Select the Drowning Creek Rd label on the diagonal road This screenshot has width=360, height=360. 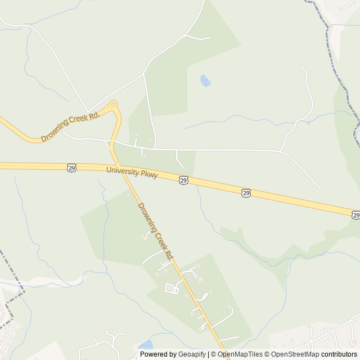[155, 231]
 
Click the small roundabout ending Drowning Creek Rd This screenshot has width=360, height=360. [114, 104]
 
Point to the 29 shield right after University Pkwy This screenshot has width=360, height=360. [183, 180]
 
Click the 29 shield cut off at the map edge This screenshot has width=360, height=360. [356, 215]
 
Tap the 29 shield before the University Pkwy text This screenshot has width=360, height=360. [71, 167]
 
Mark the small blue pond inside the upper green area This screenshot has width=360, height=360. [205, 82]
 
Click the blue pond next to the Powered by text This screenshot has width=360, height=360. [145, 344]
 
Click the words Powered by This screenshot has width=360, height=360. [157, 354]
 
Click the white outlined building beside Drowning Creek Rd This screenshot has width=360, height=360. [170, 289]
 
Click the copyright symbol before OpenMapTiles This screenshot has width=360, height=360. [213, 354]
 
